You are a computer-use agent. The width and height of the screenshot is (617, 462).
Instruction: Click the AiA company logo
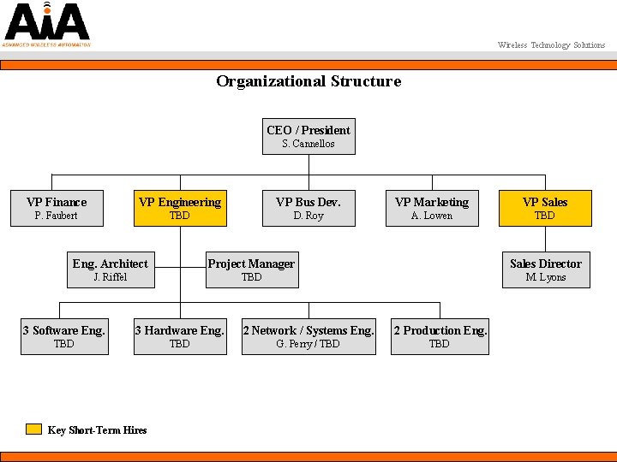(x=45, y=24)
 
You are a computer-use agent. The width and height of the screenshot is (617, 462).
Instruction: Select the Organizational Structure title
(x=308, y=81)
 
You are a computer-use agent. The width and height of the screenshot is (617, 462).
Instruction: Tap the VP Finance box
(x=57, y=208)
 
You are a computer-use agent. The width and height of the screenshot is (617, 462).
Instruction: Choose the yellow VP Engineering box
(x=180, y=208)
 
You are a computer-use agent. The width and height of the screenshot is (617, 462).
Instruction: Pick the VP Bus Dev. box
(x=308, y=208)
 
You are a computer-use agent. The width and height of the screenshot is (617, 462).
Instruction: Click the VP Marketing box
(x=432, y=208)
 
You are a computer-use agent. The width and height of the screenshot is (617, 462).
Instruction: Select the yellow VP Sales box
(x=545, y=208)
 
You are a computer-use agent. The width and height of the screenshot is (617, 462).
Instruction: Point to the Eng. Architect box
(x=110, y=269)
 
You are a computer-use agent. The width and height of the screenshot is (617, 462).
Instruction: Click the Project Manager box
(x=251, y=269)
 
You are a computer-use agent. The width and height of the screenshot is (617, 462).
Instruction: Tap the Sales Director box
(x=545, y=269)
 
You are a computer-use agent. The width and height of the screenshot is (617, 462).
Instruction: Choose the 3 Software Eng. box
(x=64, y=336)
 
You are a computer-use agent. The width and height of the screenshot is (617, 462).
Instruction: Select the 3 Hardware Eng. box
(x=180, y=336)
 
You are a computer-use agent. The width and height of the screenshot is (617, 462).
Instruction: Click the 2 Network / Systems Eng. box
(x=308, y=336)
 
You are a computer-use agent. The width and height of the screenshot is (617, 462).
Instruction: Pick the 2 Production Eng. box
(x=440, y=336)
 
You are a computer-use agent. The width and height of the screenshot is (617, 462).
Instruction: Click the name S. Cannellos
(x=308, y=144)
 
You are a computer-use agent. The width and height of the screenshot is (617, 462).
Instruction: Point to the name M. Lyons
(x=545, y=277)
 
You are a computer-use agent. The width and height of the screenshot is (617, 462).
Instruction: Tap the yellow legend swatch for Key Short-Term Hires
(x=33, y=429)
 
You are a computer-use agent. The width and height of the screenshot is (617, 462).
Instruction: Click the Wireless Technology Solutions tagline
(x=551, y=45)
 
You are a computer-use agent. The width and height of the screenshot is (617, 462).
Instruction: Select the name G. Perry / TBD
(x=308, y=344)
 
